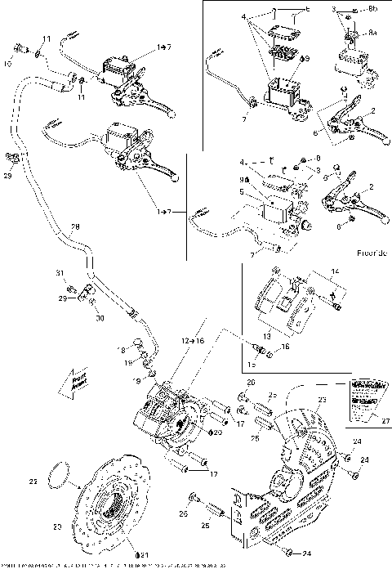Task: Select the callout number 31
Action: click(x=59, y=272)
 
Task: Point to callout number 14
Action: click(x=332, y=271)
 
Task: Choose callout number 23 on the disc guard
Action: click(x=321, y=400)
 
